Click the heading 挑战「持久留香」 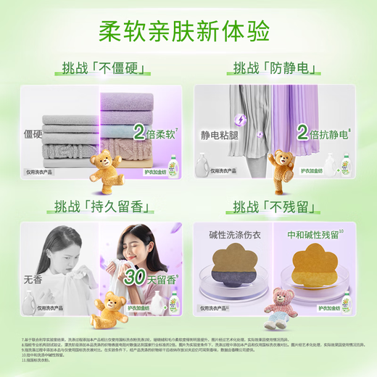(101, 206)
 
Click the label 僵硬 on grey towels (33, 134)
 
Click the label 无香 (33, 278)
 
